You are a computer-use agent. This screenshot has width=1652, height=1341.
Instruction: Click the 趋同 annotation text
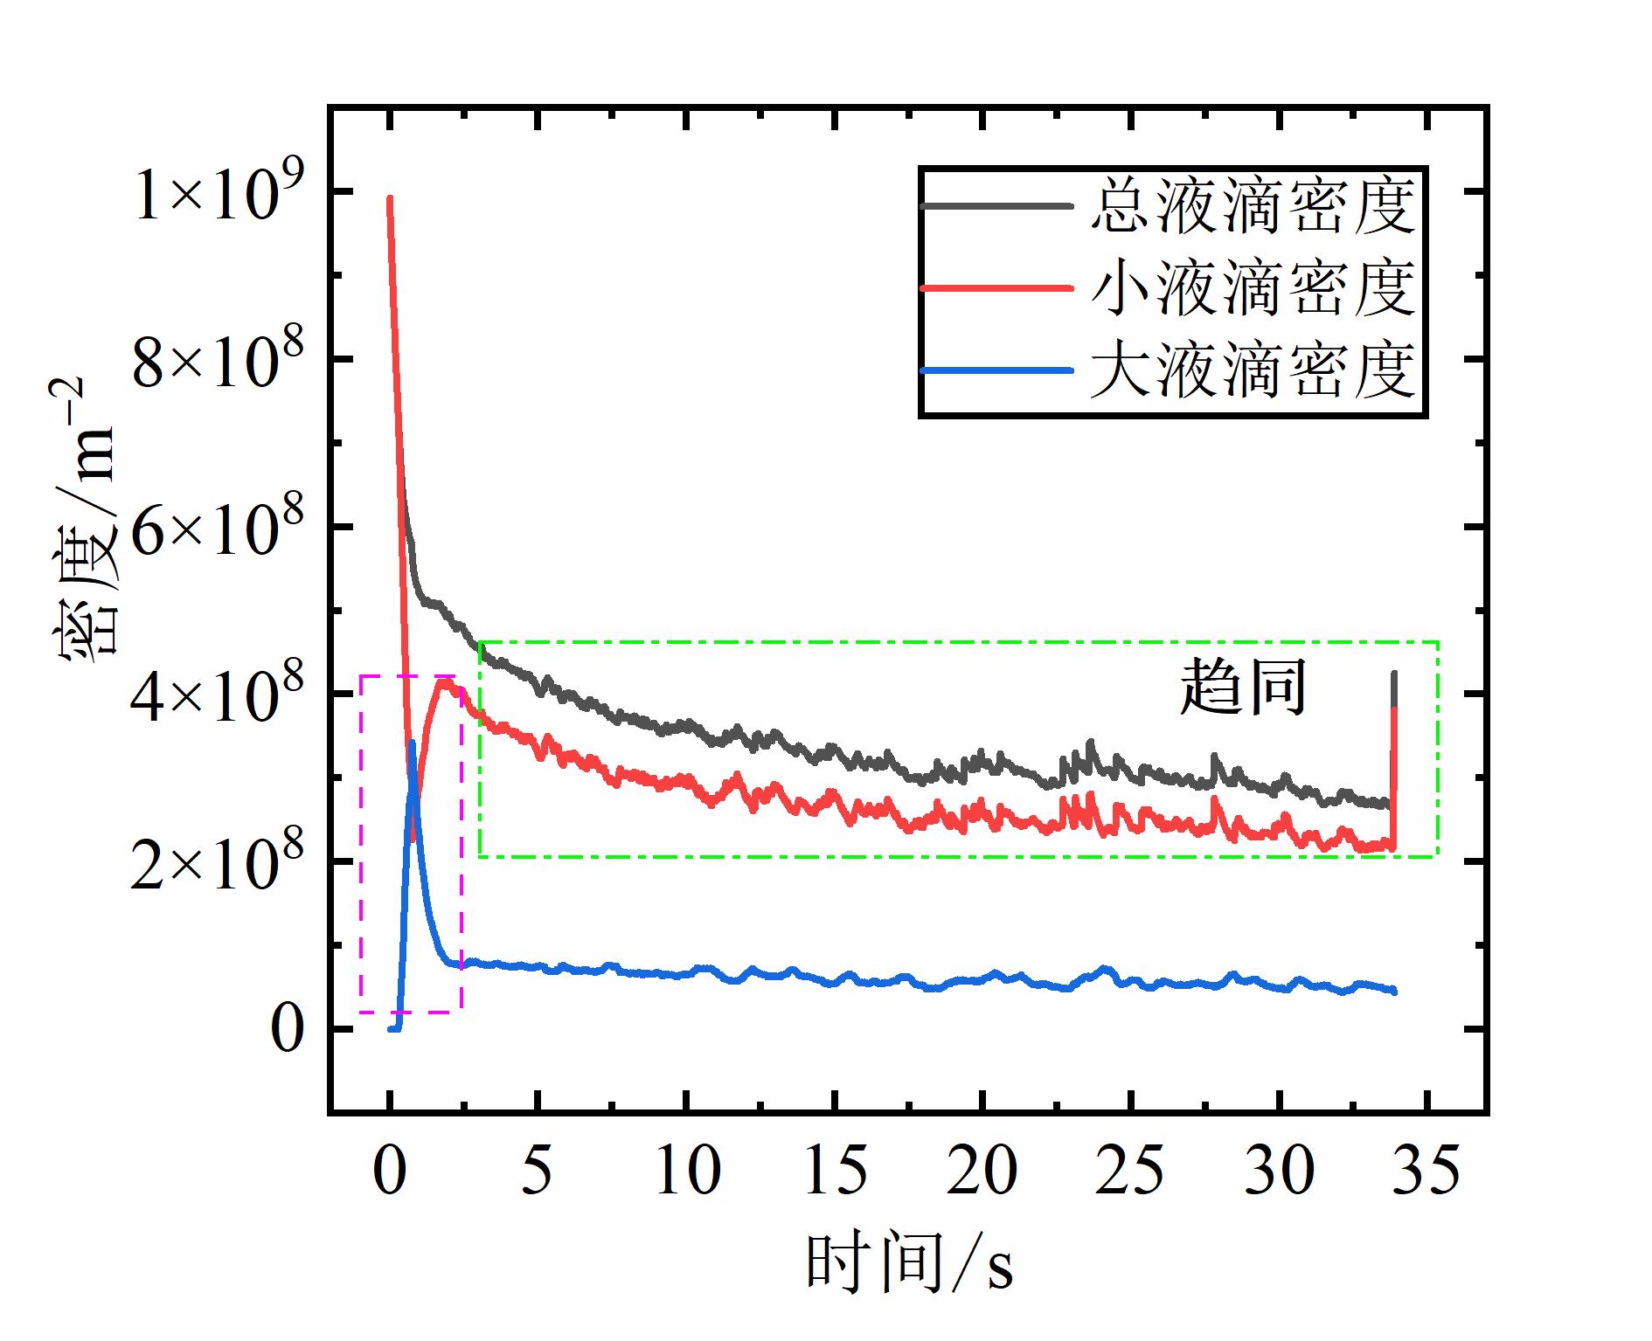point(1243,688)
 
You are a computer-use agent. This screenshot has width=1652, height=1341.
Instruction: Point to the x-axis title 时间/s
point(909,1263)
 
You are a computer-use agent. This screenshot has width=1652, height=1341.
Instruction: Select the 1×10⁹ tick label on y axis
point(218,195)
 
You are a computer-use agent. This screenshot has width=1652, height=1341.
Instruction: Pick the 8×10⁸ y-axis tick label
point(218,362)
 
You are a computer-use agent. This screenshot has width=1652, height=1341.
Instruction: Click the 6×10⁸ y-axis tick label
point(218,529)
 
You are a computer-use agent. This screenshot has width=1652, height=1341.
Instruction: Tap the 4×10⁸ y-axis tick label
point(218,696)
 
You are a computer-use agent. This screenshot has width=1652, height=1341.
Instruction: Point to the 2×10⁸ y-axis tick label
point(218,864)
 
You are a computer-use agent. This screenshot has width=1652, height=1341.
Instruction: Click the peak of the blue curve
point(412,743)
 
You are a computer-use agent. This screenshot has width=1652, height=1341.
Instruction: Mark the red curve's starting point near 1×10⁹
point(390,199)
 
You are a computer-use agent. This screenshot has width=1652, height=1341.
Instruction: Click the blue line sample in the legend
point(996,371)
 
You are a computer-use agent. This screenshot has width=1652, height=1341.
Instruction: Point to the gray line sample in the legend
point(996,206)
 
